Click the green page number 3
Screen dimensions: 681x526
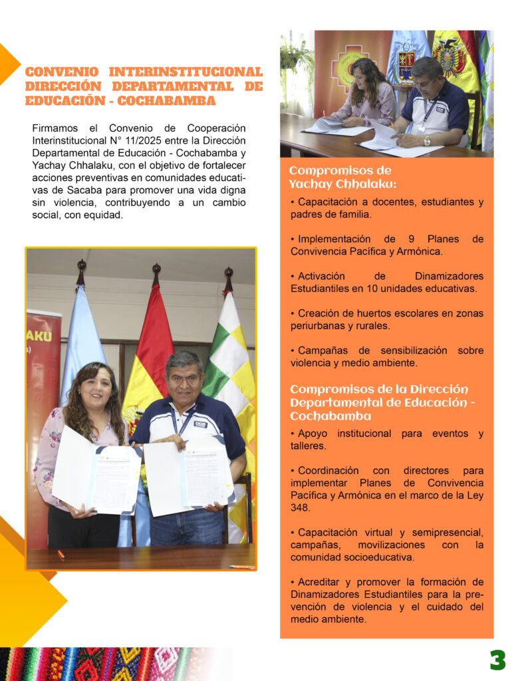pos(497,660)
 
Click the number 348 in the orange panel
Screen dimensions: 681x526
pos(301,507)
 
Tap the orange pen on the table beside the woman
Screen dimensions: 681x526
pos(61,553)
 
